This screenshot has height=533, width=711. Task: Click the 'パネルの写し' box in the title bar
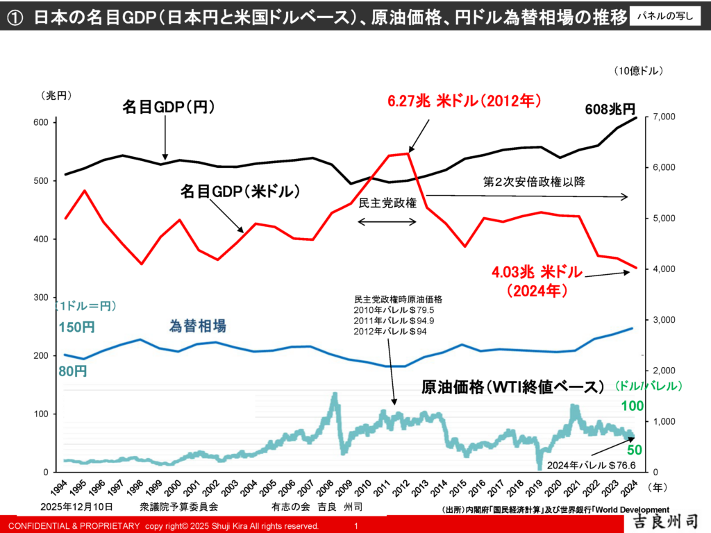665,17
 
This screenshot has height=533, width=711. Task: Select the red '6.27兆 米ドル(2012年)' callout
464,101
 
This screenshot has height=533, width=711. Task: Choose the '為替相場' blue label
198,325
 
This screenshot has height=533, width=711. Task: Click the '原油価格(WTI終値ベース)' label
513,387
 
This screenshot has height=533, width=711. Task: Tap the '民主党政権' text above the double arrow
387,203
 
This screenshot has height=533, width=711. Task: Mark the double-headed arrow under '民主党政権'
387,222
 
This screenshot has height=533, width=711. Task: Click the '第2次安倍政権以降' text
535,182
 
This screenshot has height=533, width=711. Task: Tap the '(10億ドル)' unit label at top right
638,70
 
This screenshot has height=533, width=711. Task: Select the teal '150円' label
73,327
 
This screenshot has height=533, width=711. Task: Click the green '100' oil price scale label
634,406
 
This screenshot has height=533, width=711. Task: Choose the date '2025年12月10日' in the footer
76,507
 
